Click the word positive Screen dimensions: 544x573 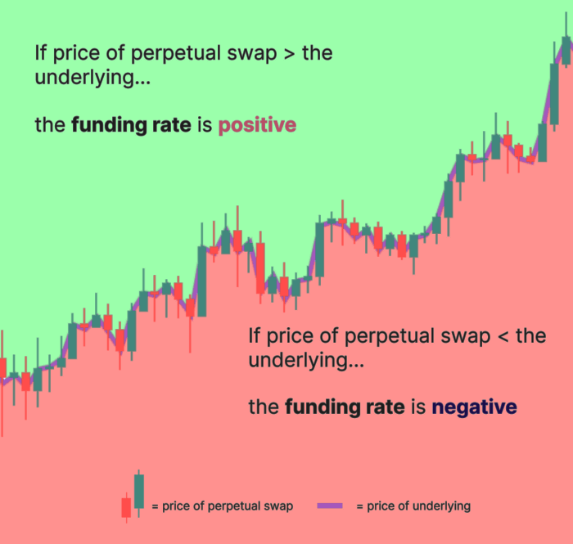point(257,126)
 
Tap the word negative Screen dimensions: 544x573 point(474,407)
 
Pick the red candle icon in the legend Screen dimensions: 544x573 point(126,507)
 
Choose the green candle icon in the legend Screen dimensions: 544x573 point(138,491)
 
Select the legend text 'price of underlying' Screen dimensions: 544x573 point(418,506)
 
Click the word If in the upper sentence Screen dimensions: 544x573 point(39,54)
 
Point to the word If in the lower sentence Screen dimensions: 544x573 point(254,335)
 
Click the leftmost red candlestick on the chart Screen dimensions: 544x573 point(2,368)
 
